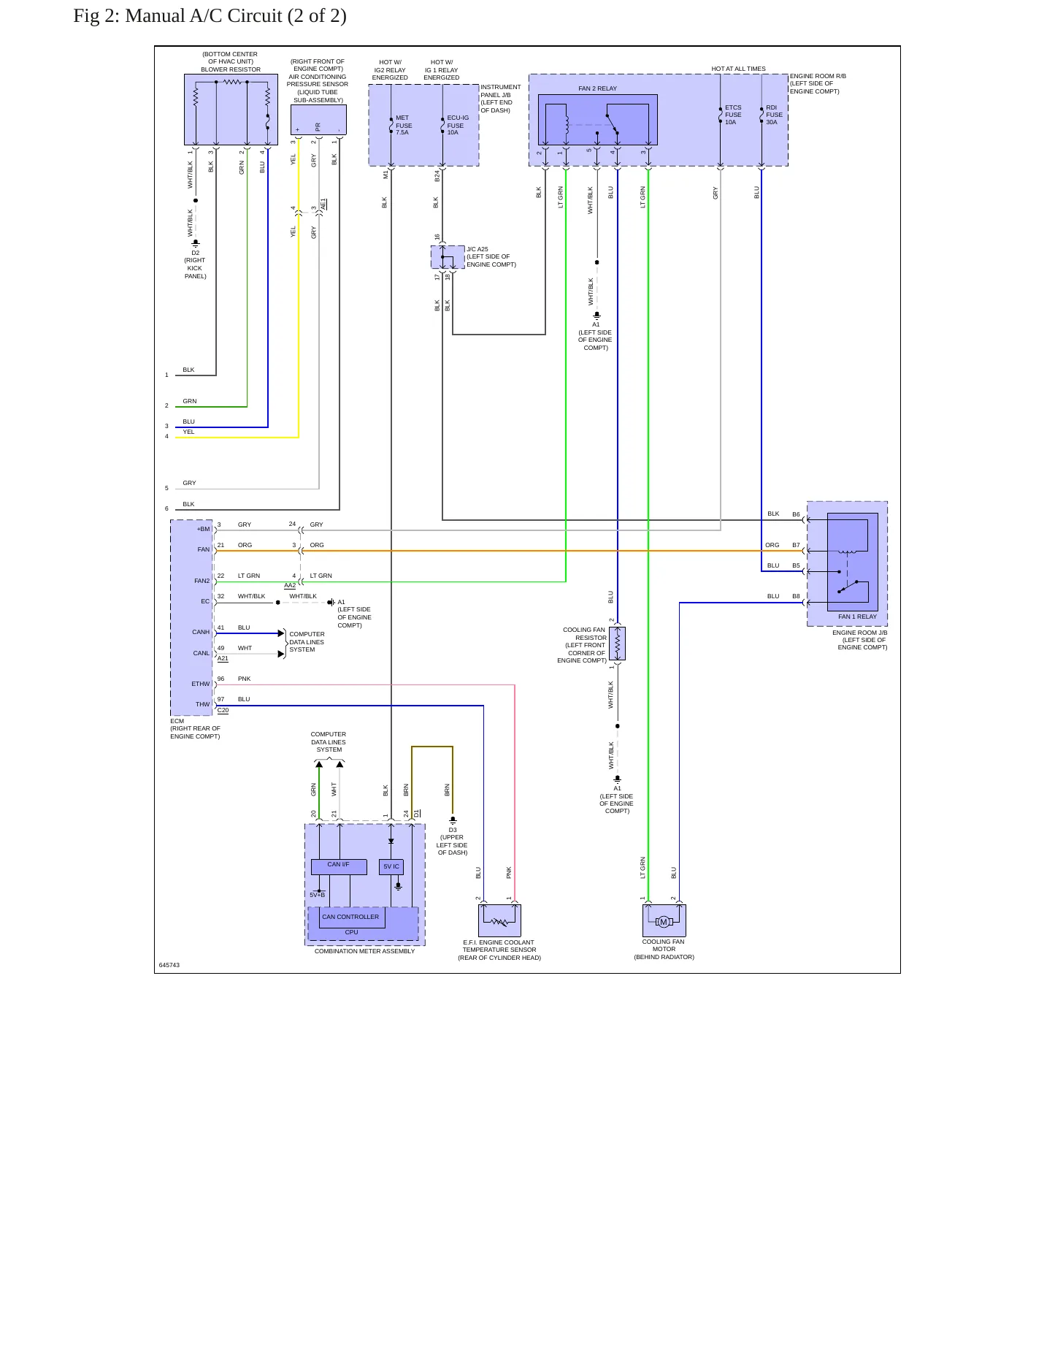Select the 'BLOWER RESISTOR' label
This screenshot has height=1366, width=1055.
point(231,69)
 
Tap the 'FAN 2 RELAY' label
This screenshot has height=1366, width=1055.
point(597,88)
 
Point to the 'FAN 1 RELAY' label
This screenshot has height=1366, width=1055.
point(857,617)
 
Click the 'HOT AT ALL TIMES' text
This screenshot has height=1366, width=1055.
point(738,69)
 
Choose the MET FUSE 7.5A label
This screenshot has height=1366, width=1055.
point(404,125)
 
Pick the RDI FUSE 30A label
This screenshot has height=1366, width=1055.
point(774,115)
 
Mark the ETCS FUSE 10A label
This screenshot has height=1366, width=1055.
point(733,115)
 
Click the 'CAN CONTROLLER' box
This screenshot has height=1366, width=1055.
point(350,917)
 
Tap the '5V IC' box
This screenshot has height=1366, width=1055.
point(391,866)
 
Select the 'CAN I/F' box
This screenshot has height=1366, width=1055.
point(338,866)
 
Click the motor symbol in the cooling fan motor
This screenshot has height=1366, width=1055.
point(664,922)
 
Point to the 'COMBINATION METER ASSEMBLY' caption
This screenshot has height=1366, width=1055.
point(364,951)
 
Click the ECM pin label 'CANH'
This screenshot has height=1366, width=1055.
point(201,632)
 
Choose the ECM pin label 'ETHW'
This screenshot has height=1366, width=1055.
point(201,684)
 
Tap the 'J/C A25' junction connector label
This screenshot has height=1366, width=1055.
point(477,249)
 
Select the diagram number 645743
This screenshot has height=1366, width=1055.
point(169,965)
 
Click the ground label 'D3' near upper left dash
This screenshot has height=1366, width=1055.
point(453,830)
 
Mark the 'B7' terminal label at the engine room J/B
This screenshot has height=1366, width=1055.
point(796,545)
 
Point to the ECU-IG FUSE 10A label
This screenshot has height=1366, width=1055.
point(458,125)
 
